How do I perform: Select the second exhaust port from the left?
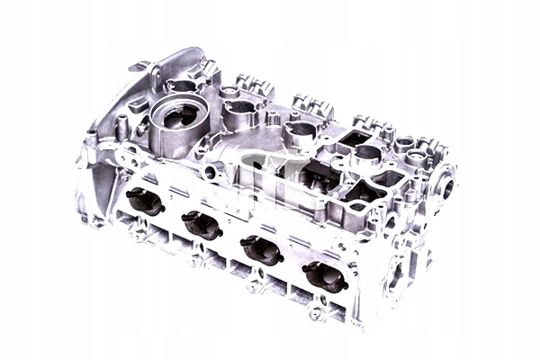[x=202, y=225]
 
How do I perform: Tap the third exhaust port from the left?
[x=263, y=249]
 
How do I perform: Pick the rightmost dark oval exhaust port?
[x=325, y=276]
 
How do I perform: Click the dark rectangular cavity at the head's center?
[x=297, y=171]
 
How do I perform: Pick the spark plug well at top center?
[x=300, y=131]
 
